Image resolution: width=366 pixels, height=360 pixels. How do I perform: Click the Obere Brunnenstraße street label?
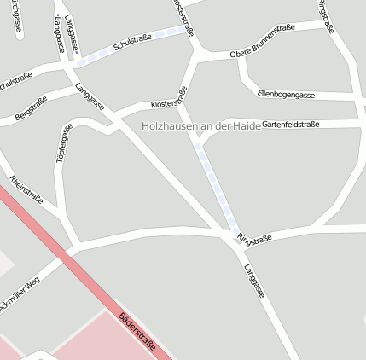(262, 43)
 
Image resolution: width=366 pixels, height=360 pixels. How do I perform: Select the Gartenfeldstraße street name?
(290, 125)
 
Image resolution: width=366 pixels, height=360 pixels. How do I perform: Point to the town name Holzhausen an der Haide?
(200, 125)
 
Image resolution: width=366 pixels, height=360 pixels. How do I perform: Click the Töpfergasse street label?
(63, 144)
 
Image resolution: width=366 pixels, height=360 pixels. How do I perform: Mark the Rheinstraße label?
(26, 189)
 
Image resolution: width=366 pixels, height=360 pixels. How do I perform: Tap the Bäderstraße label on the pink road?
(137, 329)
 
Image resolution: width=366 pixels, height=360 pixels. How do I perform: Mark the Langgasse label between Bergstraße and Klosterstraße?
(90, 96)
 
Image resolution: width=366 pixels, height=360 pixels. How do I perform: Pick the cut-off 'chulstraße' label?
(15, 82)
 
